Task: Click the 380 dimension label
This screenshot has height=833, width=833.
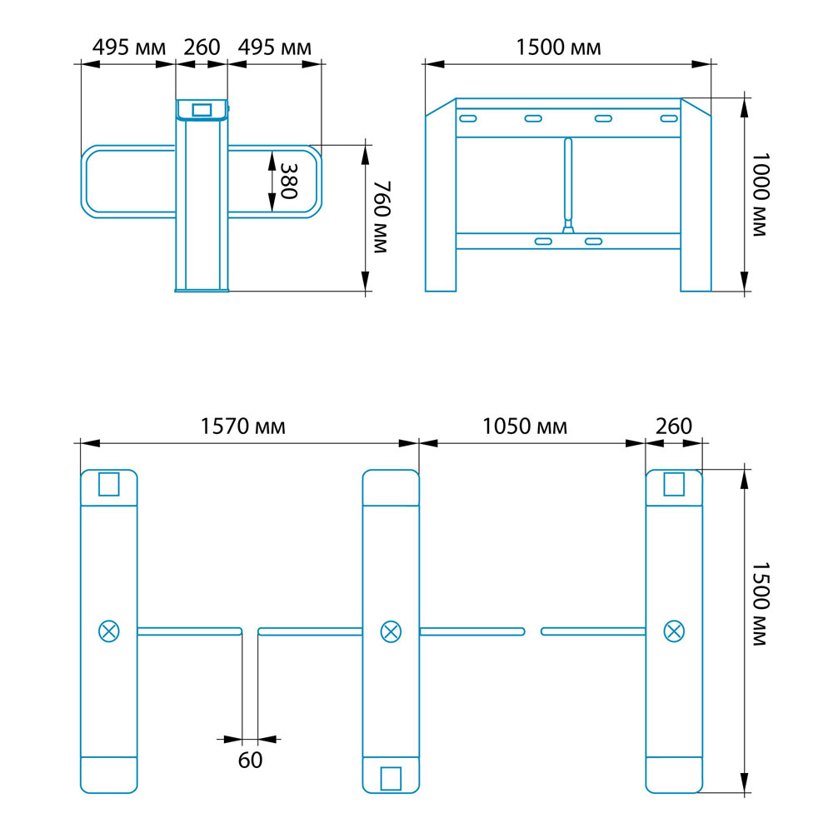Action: click(x=288, y=181)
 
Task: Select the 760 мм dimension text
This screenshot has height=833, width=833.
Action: click(x=382, y=217)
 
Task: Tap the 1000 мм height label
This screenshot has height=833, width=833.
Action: click(x=761, y=194)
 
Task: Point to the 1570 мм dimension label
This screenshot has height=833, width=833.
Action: click(x=242, y=426)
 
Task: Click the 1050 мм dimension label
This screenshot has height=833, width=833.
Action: click(x=524, y=426)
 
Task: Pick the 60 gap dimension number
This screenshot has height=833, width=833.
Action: click(x=250, y=761)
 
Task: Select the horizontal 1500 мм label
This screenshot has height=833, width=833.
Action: click(x=558, y=47)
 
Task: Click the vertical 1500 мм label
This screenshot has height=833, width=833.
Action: click(x=761, y=604)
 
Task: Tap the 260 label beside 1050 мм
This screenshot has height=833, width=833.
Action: click(x=674, y=426)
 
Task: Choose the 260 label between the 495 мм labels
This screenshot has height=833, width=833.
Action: click(x=202, y=47)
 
